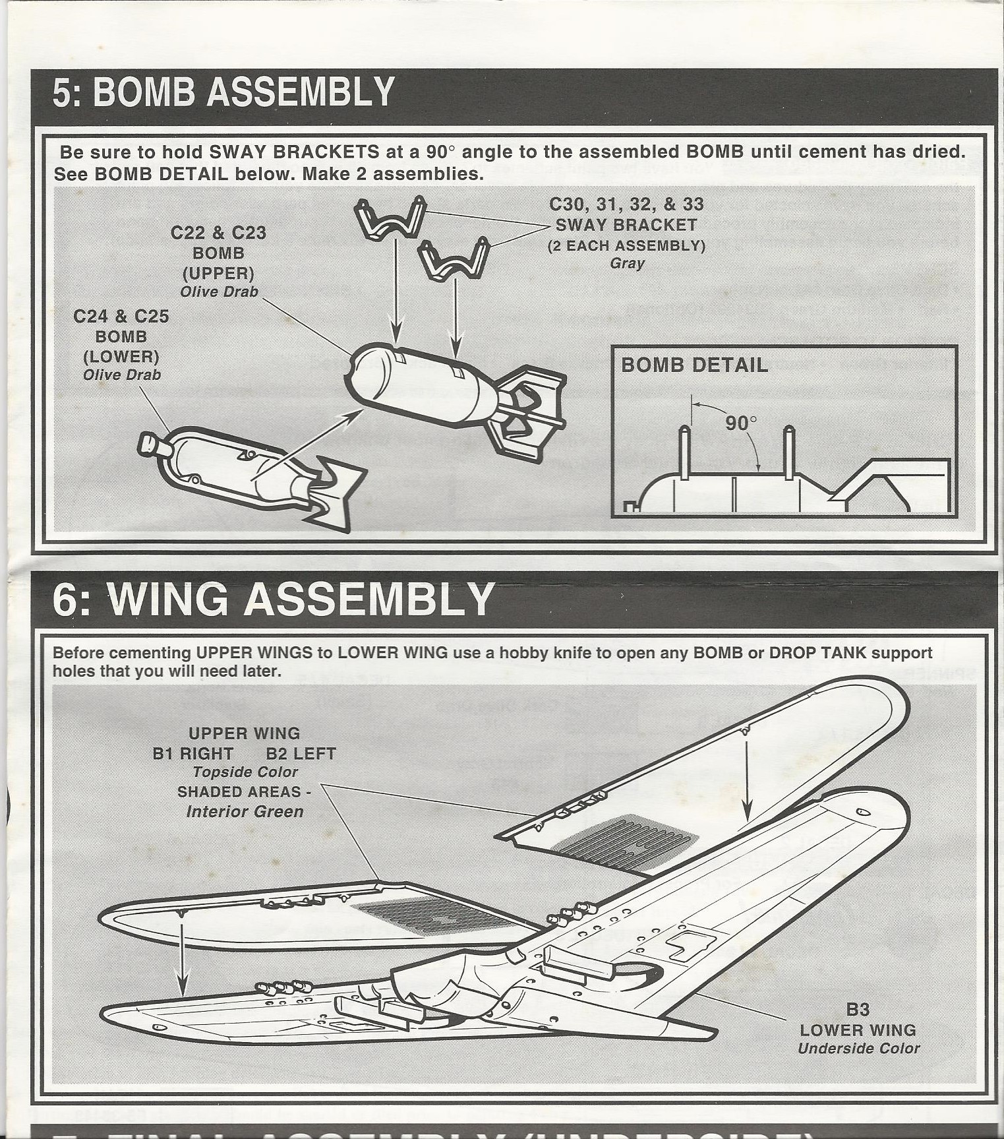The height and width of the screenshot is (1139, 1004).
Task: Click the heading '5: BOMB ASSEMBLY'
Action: (223, 92)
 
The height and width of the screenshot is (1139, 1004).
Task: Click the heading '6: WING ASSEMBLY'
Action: (273, 599)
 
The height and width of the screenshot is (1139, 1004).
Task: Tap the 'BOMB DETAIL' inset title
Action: (694, 365)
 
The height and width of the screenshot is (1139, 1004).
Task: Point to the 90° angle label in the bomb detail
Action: (741, 422)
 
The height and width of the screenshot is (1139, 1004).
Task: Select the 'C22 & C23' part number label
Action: (218, 233)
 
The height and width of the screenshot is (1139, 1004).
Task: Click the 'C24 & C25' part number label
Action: (121, 317)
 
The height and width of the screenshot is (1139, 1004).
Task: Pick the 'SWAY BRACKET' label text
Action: (626, 225)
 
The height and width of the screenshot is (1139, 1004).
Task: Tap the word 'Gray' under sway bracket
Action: (627, 264)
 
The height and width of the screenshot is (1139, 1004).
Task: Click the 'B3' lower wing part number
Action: (858, 1010)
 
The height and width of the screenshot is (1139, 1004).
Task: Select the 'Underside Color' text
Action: (858, 1049)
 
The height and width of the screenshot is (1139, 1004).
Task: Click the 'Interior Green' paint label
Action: (245, 811)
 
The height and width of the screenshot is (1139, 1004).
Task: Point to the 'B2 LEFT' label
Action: (301, 754)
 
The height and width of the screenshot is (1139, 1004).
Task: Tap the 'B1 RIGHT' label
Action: (192, 754)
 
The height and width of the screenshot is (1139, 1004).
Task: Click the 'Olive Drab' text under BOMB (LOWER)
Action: (121, 375)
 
